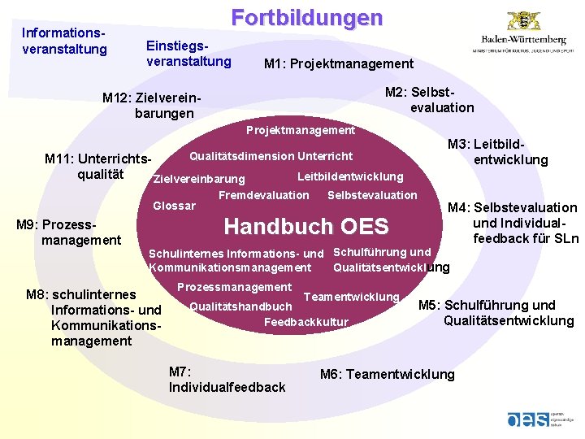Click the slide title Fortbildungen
coord(306,18)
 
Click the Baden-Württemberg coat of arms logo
coord(524,21)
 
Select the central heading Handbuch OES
coord(306,226)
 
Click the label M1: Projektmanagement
coord(339,64)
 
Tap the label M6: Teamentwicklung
coord(387,374)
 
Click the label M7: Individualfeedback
coord(227,380)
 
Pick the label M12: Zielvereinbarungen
coord(151,106)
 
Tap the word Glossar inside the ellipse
coord(174,206)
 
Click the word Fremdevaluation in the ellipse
coord(263,195)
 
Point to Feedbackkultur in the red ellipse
coord(306,323)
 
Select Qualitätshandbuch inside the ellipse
coord(240,306)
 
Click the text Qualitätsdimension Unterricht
coord(271,156)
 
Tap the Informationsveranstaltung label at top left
coord(64,41)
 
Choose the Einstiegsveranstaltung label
coord(188,54)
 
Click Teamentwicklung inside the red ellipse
coord(351,297)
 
